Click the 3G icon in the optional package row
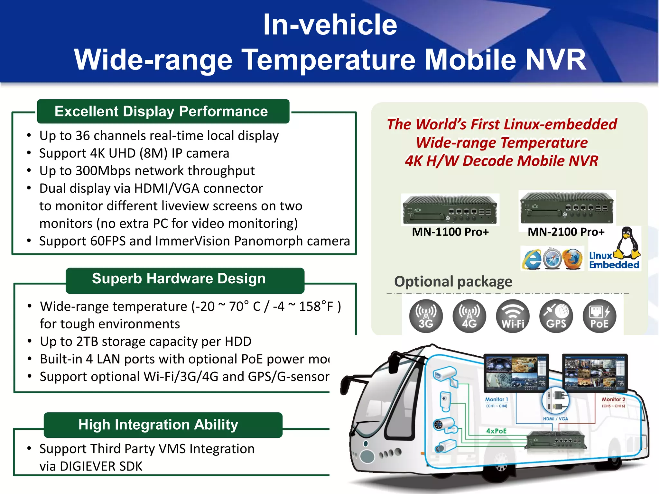pos(426,316)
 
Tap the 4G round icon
pos(469,316)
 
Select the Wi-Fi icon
pos(513,316)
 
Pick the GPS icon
pos(556,316)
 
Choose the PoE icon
pos(599,316)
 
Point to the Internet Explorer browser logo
pos(532,259)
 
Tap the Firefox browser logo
pos(572,259)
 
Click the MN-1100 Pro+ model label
pos(450,232)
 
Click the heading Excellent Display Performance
pos(161,111)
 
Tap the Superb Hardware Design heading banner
pos(179,279)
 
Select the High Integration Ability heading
pos(158,425)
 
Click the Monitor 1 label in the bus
pos(497,399)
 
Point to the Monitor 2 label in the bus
pos(613,399)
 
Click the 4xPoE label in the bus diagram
pos(496,431)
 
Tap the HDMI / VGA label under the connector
pos(555,419)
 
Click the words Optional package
pos(453,281)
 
